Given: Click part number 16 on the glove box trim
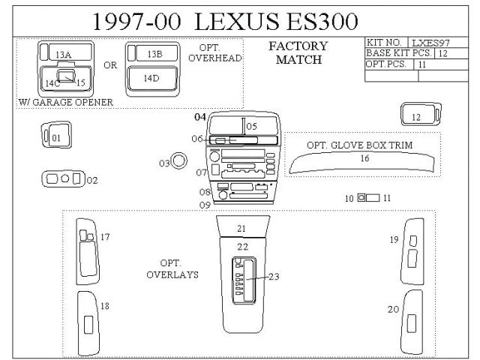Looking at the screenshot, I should (364, 158).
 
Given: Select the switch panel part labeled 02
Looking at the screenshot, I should (64, 179).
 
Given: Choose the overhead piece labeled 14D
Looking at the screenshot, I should (151, 79).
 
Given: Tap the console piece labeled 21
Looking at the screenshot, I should (241, 228).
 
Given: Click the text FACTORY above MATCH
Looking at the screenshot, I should (298, 46).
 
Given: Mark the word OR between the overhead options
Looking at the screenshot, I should (110, 65).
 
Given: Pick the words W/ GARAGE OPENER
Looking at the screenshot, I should (65, 102).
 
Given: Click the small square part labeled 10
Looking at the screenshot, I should (361, 198).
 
